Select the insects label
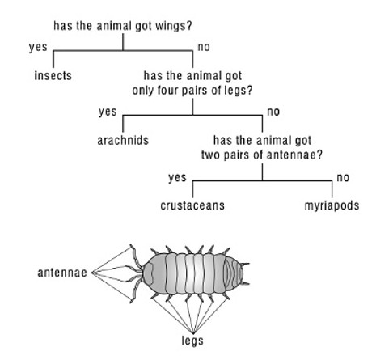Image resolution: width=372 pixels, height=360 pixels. pyautogui.click(x=53, y=75)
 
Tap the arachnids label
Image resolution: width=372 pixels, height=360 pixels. pyautogui.click(x=123, y=140)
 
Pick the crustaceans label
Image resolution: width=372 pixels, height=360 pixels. pyautogui.click(x=192, y=205)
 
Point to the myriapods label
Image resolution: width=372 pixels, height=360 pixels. pyautogui.click(x=332, y=206)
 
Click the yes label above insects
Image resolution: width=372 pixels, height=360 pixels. pyautogui.click(x=38, y=47)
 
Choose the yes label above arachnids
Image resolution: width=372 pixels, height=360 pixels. pyautogui.click(x=108, y=112)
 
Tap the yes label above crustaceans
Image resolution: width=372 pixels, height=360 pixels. pyautogui.click(x=177, y=178)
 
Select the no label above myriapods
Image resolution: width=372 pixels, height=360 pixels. pyautogui.click(x=343, y=178)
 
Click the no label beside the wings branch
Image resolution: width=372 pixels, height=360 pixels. pyautogui.click(x=204, y=47)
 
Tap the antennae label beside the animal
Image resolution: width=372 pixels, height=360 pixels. pyautogui.click(x=62, y=273)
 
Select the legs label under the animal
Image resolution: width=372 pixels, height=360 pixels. pyautogui.click(x=192, y=341)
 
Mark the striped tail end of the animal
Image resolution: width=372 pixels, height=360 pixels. pyautogui.click(x=234, y=274)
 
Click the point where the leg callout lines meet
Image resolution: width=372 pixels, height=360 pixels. pyautogui.click(x=193, y=333)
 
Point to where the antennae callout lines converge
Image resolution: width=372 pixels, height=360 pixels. pyautogui.click(x=92, y=273)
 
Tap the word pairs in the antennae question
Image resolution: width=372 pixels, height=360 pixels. pyautogui.click(x=235, y=155)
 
